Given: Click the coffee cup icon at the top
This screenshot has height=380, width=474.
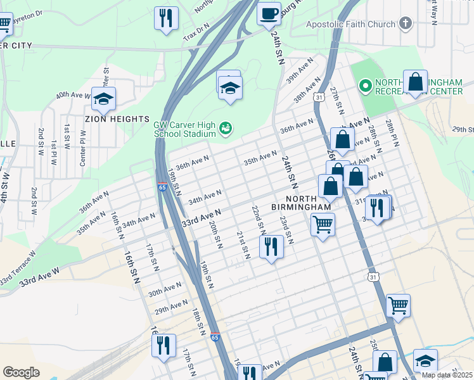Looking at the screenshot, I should (x=269, y=13).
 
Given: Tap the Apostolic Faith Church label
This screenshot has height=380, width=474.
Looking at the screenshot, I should (x=350, y=25).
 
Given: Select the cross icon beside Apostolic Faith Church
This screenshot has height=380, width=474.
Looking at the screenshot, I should (x=406, y=25).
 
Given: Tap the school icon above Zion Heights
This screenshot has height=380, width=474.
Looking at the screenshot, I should (x=103, y=98).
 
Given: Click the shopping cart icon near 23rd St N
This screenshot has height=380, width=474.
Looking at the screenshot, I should (x=323, y=224).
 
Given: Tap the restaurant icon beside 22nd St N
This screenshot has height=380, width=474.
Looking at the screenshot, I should (x=271, y=246).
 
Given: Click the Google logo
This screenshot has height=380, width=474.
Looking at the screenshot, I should (x=21, y=372).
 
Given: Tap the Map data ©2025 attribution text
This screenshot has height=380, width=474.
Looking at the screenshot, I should (x=447, y=375).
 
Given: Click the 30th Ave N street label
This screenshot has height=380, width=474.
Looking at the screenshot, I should (x=164, y=291).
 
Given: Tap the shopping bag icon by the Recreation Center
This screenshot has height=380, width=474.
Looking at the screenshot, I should (x=415, y=82).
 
